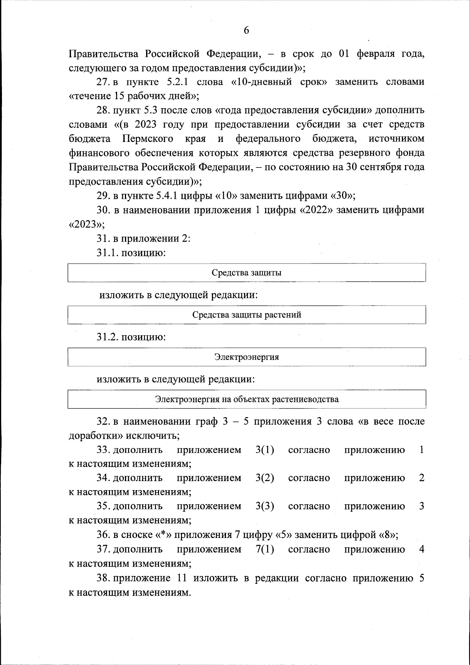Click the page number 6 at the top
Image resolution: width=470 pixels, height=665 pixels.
(246, 30)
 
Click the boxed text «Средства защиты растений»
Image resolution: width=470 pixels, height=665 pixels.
(247, 314)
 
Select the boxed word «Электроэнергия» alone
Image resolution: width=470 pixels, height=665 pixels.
(247, 357)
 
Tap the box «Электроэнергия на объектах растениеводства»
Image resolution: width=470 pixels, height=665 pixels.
(247, 400)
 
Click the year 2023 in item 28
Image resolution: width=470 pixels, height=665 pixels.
(147, 125)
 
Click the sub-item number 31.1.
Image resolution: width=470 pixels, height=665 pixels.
(107, 253)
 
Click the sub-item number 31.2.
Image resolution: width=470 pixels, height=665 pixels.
(107, 336)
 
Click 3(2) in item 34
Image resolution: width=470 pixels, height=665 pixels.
(264, 478)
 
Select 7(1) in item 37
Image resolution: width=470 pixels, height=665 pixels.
(264, 549)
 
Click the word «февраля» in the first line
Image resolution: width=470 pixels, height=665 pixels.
(374, 53)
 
